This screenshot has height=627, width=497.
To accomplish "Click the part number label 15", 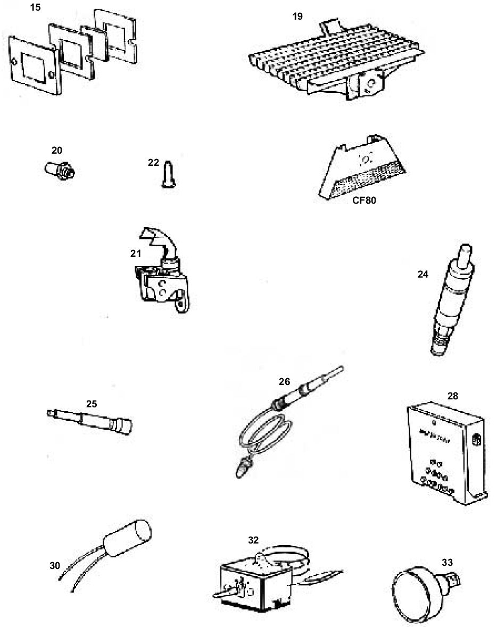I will point(36,8).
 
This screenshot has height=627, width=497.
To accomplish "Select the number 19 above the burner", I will point(297,16).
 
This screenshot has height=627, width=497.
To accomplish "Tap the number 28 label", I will point(452,396).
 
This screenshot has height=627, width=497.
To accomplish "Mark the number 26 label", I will point(285,381).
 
